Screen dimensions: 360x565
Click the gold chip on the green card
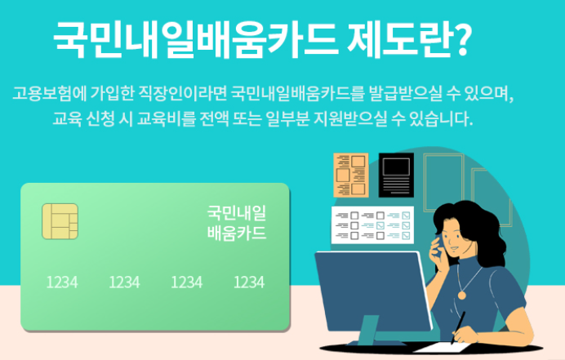pos(60,221)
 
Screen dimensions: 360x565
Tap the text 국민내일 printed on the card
pos(237,214)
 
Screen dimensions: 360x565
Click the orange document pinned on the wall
pos(351,174)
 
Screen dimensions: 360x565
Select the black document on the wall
pos(396,174)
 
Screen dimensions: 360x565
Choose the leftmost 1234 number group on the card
pos(62,282)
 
